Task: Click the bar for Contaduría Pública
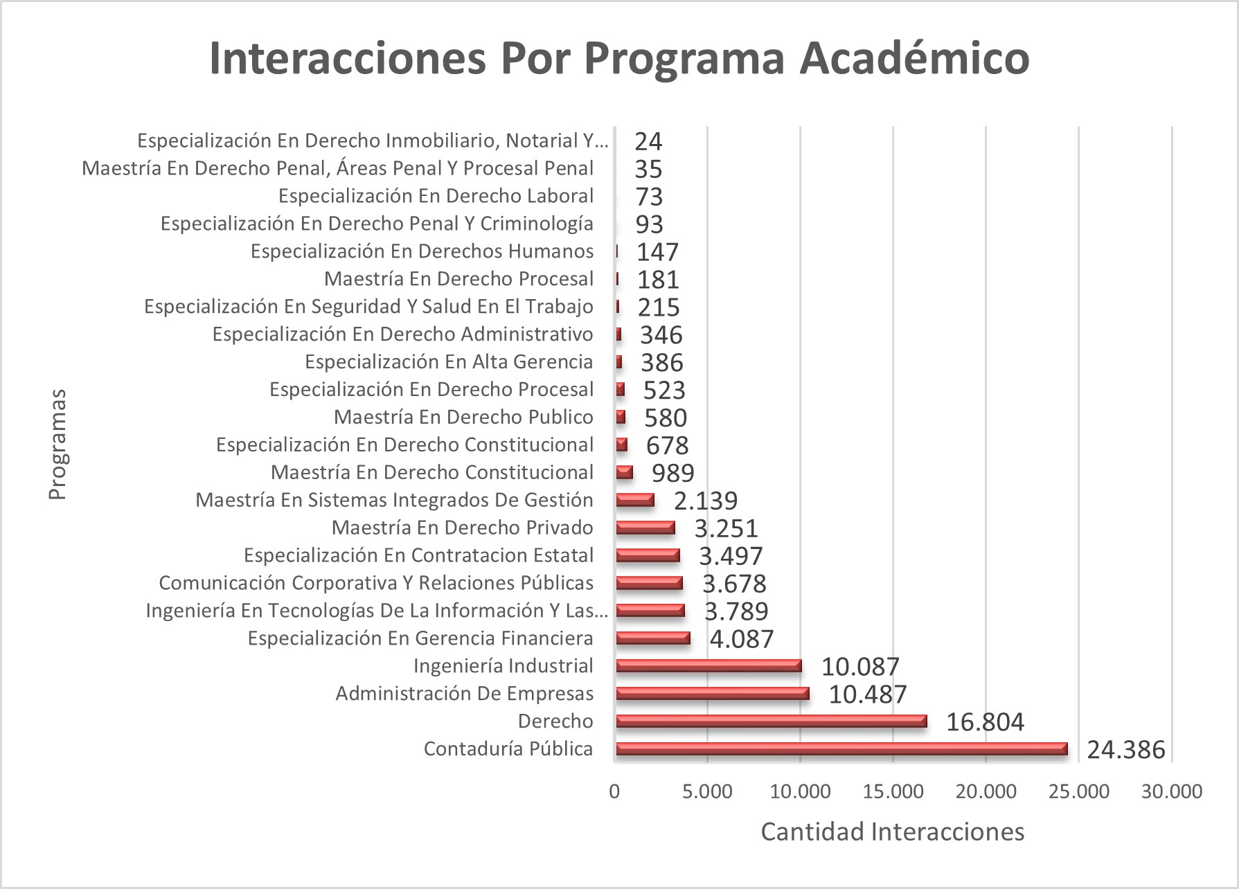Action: [x=841, y=748]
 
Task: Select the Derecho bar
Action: [x=771, y=721]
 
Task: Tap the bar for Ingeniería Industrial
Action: [x=708, y=665]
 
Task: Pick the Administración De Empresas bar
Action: [x=712, y=693]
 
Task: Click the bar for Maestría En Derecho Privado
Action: [x=645, y=528]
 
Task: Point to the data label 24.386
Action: [x=1125, y=750]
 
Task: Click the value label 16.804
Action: [x=985, y=722]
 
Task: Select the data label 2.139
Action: [x=706, y=501]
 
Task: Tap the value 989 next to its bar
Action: [x=672, y=473]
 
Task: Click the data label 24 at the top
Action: [x=648, y=141]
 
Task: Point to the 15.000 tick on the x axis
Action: [x=893, y=791]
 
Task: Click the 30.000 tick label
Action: [x=1172, y=791]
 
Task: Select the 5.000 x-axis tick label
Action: [x=707, y=791]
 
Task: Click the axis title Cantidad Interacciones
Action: [x=892, y=832]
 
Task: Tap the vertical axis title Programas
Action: [x=57, y=444]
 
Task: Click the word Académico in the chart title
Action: [x=914, y=58]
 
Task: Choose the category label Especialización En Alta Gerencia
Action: [x=449, y=361]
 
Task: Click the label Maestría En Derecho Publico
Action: [x=463, y=417]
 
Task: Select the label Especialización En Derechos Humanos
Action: [x=422, y=251]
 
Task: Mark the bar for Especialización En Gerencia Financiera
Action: [x=652, y=638]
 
